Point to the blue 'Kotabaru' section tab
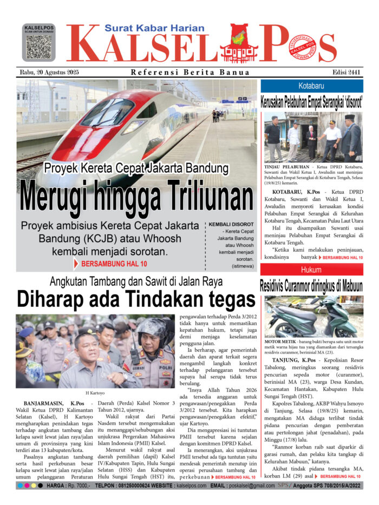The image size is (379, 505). click(312, 86)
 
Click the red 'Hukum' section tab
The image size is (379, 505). click(311, 270)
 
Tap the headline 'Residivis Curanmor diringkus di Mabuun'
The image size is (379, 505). click(311, 285)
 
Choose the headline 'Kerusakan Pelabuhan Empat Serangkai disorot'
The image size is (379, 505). click(311, 101)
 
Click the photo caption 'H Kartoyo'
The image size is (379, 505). click(95, 392)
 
